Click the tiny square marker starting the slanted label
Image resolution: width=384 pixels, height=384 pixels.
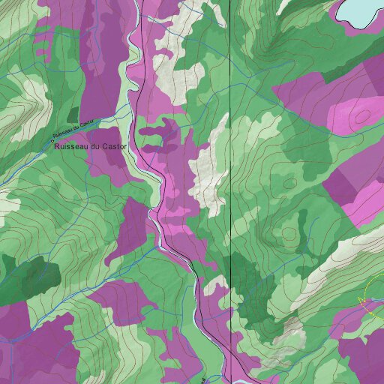pos(52,138)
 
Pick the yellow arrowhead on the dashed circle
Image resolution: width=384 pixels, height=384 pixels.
pos(362,302)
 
